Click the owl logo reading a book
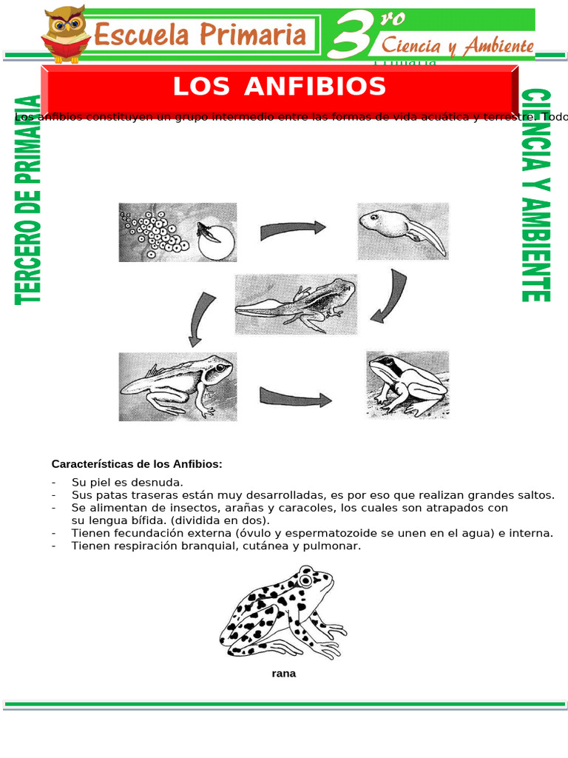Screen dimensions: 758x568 tap(66, 34)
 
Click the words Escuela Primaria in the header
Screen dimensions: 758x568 tap(200, 35)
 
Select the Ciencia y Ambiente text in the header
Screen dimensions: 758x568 tap(457, 46)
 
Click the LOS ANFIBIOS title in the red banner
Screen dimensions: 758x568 tap(280, 87)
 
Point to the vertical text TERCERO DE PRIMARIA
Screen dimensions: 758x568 tap(28, 200)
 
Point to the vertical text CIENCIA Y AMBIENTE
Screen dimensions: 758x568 tap(535, 195)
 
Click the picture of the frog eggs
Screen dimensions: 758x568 tap(177, 232)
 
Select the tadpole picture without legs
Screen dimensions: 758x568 tap(402, 231)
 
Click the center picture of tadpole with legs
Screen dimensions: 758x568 tap(296, 304)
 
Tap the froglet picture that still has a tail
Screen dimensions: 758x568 tap(177, 386)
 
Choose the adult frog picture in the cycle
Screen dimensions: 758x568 tap(407, 384)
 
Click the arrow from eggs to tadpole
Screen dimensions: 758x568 tap(293, 230)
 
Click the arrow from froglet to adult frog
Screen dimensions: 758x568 tap(295, 398)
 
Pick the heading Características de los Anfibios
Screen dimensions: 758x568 tap(136, 464)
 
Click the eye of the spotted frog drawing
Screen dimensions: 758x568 tap(305, 580)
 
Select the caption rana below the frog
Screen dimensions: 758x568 tap(283, 674)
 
